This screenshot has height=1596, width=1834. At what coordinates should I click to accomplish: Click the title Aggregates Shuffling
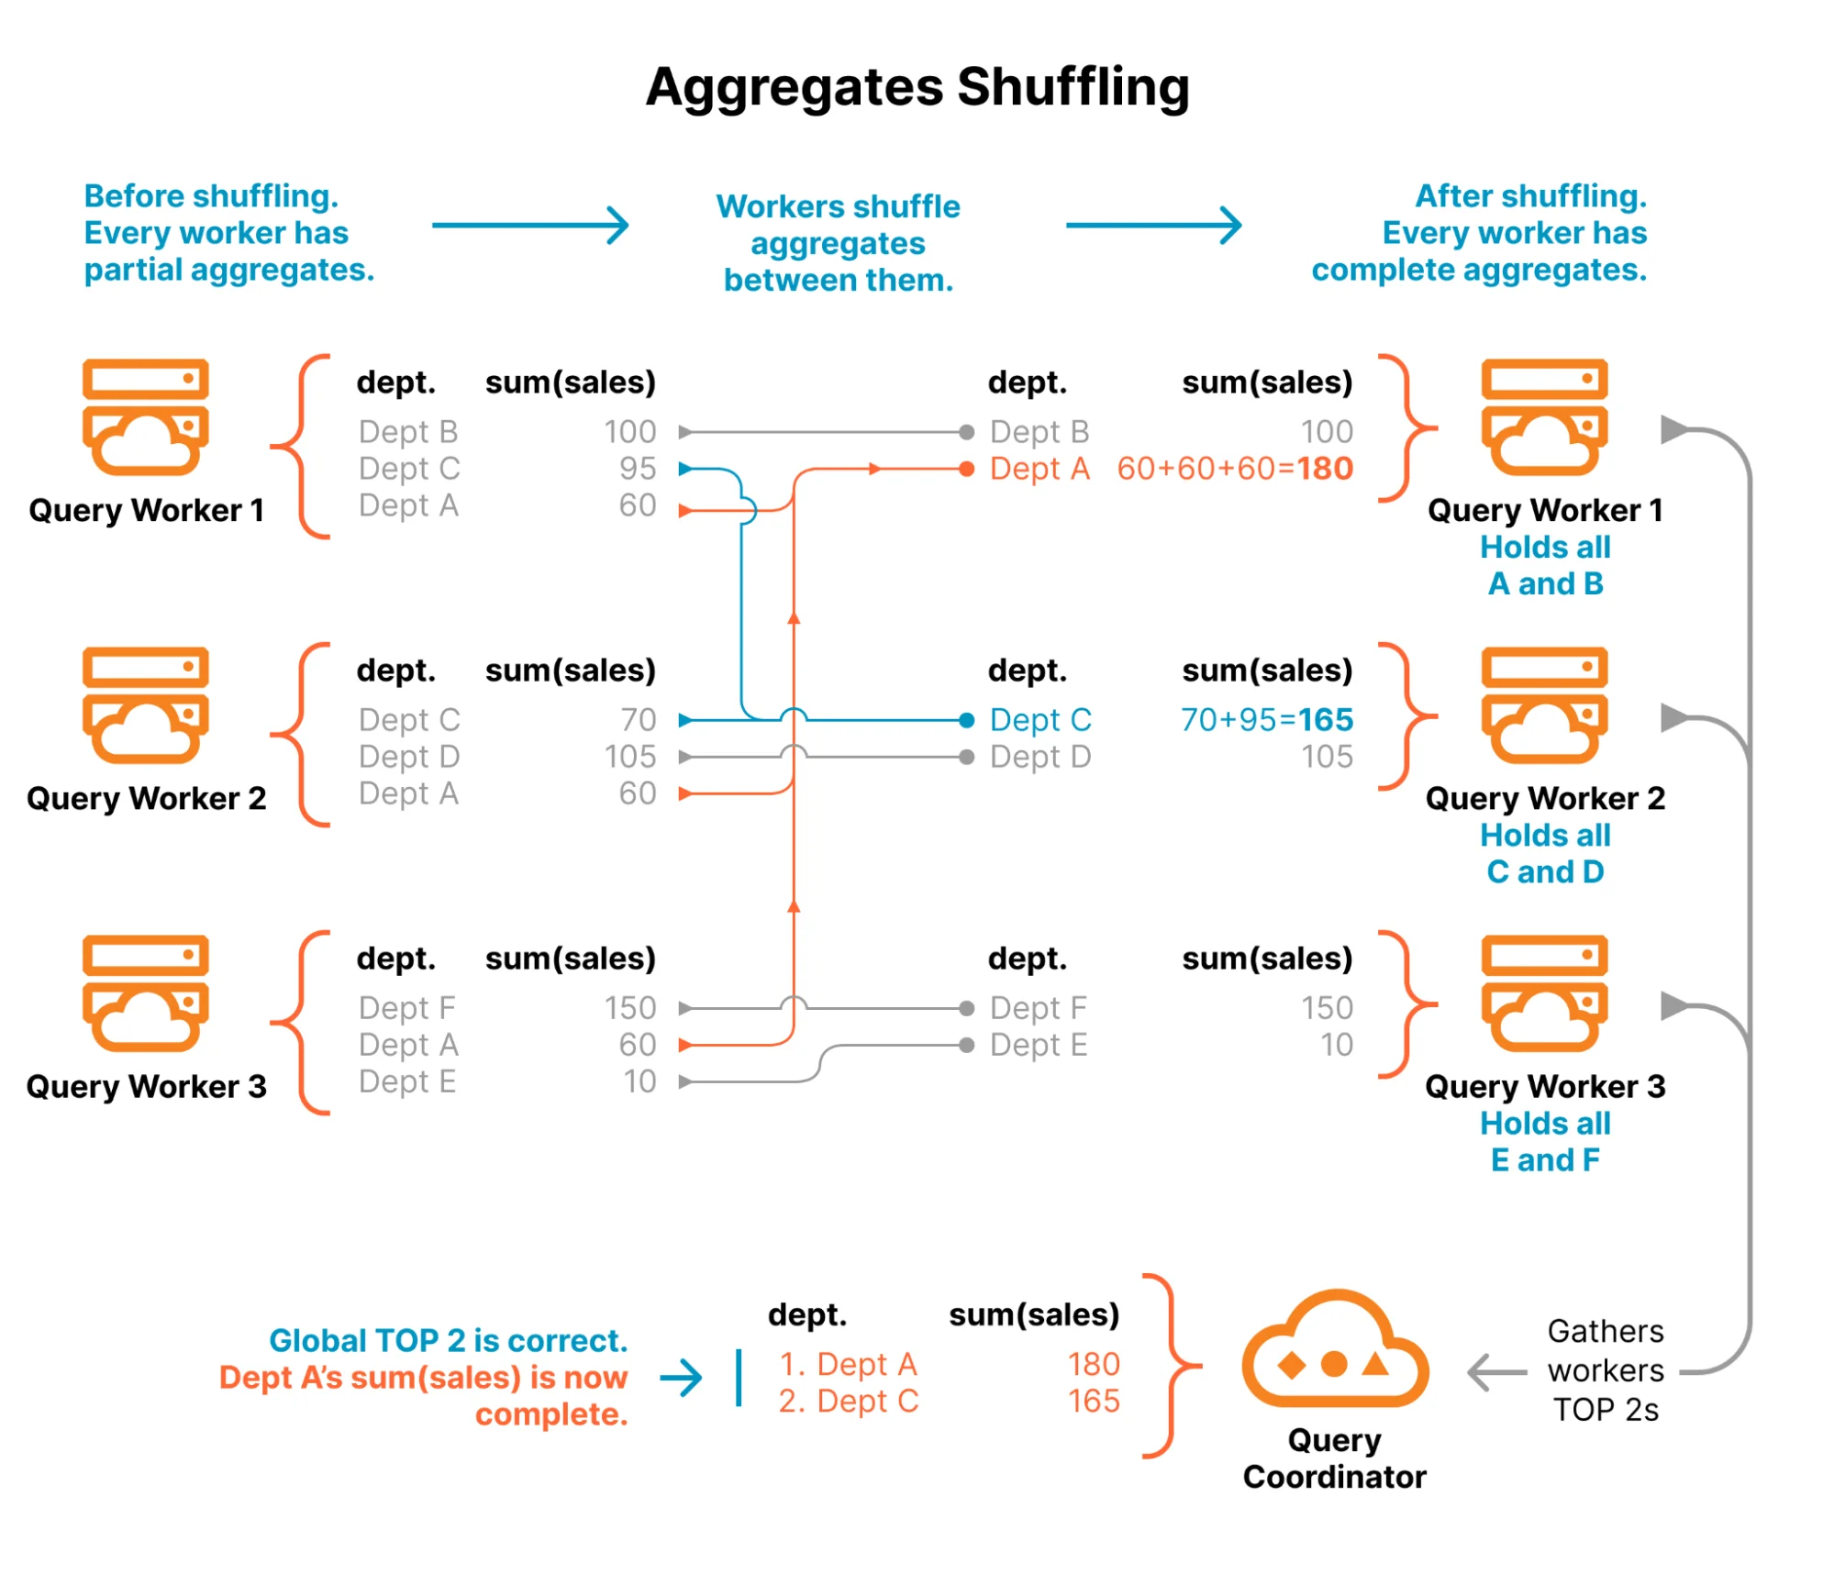click(917, 87)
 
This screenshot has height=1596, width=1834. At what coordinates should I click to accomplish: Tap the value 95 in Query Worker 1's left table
click(637, 469)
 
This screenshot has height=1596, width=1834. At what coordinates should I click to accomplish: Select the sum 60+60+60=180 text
click(1234, 469)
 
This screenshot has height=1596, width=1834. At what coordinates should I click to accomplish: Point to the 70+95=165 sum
click(1266, 720)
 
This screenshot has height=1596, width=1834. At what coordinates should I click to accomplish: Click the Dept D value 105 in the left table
click(630, 757)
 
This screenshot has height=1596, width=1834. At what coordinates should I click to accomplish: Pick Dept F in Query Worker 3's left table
click(406, 1008)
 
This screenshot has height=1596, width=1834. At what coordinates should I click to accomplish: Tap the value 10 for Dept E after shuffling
click(1337, 1045)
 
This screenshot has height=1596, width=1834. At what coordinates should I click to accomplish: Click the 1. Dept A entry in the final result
click(848, 1364)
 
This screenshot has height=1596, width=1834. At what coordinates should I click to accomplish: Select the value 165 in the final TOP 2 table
click(1094, 1401)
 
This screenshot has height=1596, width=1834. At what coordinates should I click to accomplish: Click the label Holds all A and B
click(1545, 565)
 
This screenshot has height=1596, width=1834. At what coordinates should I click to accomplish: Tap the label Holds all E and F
click(1545, 1141)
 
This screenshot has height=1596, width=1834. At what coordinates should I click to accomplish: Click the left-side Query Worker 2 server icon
click(145, 706)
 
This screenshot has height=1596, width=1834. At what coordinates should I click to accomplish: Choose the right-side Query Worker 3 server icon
click(1544, 993)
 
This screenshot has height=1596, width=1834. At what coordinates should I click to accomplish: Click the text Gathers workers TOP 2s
click(1606, 1370)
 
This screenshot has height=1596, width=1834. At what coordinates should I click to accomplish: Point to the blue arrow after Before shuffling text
click(530, 225)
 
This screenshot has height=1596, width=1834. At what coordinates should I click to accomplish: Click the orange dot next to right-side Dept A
click(966, 469)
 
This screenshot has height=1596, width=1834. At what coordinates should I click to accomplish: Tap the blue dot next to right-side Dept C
click(966, 720)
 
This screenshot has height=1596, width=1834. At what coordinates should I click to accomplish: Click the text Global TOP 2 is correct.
click(448, 1340)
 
